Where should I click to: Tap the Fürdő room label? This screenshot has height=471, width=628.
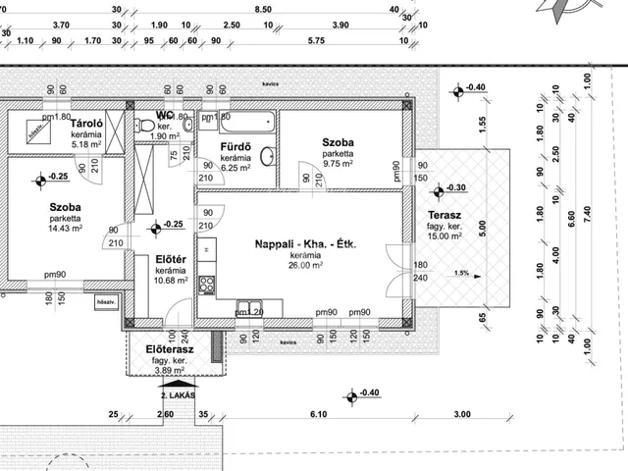[x=235, y=147]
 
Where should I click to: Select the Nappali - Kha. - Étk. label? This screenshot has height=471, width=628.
[x=305, y=243]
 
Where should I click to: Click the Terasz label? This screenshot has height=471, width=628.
[x=445, y=216]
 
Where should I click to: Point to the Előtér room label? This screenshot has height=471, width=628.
[x=172, y=259]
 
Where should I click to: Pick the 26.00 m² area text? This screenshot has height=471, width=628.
[x=305, y=265]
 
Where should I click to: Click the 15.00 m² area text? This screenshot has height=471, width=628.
[x=445, y=236]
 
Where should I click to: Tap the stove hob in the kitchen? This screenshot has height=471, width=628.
[x=207, y=285]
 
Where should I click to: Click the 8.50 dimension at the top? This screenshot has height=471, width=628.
[x=262, y=10]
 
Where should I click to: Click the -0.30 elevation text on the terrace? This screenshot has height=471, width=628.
[x=458, y=188]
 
